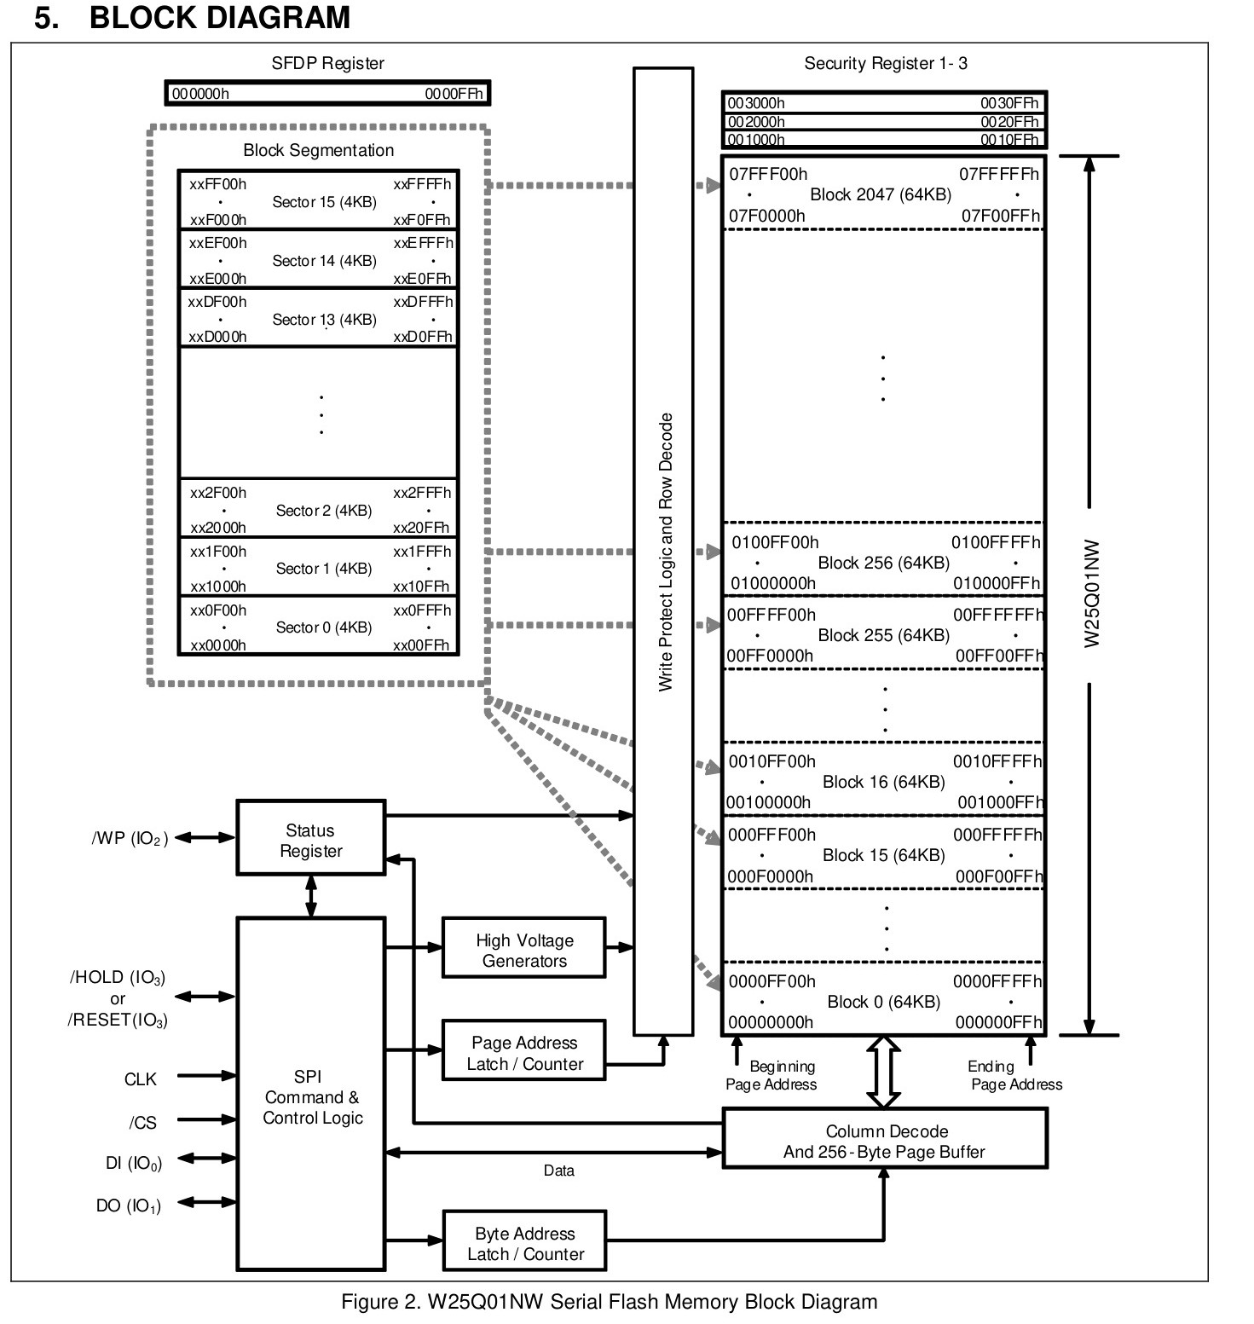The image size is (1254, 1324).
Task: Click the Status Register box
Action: click(310, 837)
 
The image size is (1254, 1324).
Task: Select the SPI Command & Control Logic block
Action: click(310, 1094)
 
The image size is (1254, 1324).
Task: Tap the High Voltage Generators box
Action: click(523, 947)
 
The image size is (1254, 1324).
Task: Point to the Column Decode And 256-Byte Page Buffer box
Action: click(884, 1138)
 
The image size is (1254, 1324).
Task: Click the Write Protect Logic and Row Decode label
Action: click(666, 552)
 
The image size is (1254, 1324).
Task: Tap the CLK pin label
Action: click(141, 1079)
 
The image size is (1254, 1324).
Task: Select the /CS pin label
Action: click(143, 1123)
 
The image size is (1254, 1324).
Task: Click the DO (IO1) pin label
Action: click(129, 1205)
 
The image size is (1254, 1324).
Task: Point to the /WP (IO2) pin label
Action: click(130, 839)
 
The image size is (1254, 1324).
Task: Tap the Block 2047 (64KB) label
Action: click(881, 194)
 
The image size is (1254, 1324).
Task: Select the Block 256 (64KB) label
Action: click(883, 563)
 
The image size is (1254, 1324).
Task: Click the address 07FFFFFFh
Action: click(999, 174)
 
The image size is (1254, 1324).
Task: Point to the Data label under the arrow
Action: click(559, 1171)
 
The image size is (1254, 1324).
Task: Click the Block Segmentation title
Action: click(319, 150)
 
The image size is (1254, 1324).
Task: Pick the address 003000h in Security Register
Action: click(756, 103)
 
